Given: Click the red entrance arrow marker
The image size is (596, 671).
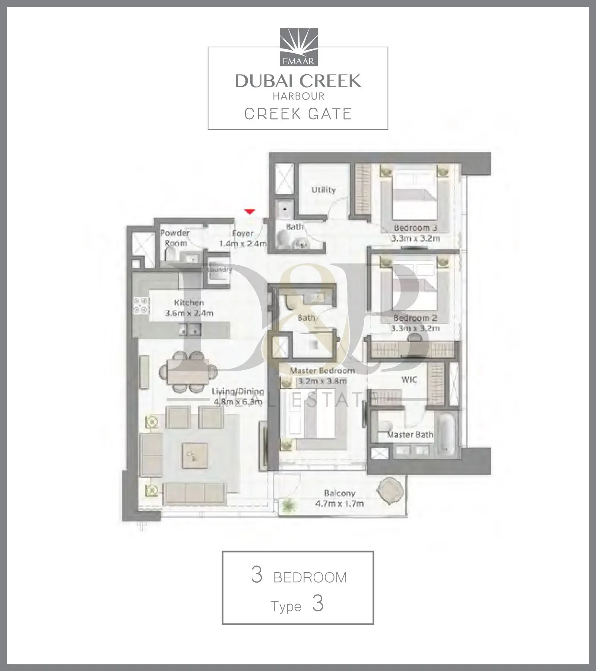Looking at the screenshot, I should coord(249,212).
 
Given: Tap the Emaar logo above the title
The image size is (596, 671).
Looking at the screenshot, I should coord(298,47).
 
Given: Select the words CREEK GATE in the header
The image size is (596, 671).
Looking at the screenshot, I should coord(298,114).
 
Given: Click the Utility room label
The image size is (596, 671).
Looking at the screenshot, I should coord(323,190).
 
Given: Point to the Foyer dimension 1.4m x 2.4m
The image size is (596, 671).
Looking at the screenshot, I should coord(243,244).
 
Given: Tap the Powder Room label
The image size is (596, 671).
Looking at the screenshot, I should coord(175,238).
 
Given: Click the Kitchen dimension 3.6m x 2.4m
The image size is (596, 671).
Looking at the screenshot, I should coord(189,313).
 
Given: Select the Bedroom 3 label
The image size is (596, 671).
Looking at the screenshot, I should coord(415,228).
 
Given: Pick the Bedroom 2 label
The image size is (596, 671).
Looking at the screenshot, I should coord(415,318).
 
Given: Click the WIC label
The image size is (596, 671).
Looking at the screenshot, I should coord(409,380).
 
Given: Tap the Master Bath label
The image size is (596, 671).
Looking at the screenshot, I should coord(410,434).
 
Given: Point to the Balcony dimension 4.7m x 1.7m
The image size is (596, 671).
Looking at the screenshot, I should coord(339,504).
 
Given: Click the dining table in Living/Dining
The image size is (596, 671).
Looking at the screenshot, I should coord(188,371).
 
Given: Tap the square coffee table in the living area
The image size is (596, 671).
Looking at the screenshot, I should coord(194,456).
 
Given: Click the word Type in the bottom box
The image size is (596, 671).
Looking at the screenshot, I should coord(286,607).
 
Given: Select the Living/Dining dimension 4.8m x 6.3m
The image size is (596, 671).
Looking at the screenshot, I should coord(238,402).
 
